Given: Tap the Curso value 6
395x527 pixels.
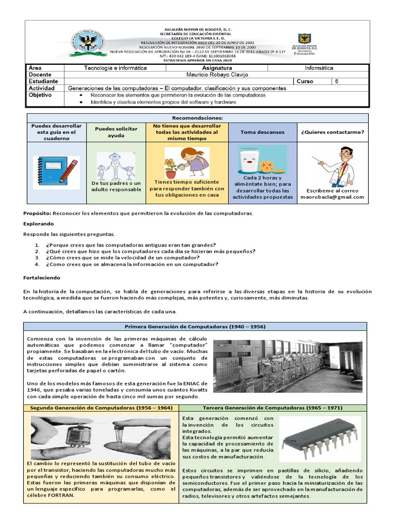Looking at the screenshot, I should coord(337,81).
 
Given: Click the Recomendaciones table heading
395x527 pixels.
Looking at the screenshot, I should coord(197,118).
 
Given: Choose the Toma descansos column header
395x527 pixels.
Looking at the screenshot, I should coord(262,132).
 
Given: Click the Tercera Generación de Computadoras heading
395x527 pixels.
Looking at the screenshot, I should coord(273,408).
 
